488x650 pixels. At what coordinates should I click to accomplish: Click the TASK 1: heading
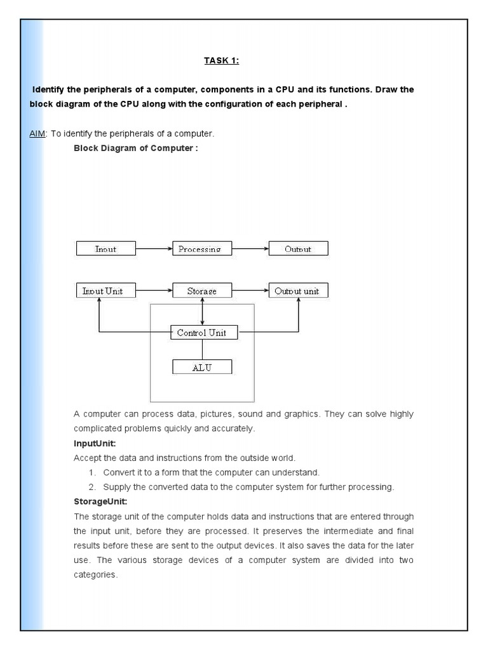221,61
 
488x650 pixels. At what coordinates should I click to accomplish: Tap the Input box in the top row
105,248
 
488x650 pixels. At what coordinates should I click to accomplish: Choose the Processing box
200,248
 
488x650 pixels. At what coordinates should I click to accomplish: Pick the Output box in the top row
298,248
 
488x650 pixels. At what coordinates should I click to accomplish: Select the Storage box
202,291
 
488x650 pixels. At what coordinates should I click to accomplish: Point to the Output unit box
298,291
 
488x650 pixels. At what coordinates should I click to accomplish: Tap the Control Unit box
202,332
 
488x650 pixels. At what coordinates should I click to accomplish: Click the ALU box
202,367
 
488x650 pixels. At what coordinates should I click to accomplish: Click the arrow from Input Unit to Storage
153,291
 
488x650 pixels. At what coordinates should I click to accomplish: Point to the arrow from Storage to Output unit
249,291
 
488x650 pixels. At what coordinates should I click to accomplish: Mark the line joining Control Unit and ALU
202,350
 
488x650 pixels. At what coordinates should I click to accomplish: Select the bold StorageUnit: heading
100,501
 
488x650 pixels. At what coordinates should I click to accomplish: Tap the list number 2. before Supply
92,487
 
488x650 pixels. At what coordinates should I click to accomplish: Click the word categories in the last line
95,574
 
